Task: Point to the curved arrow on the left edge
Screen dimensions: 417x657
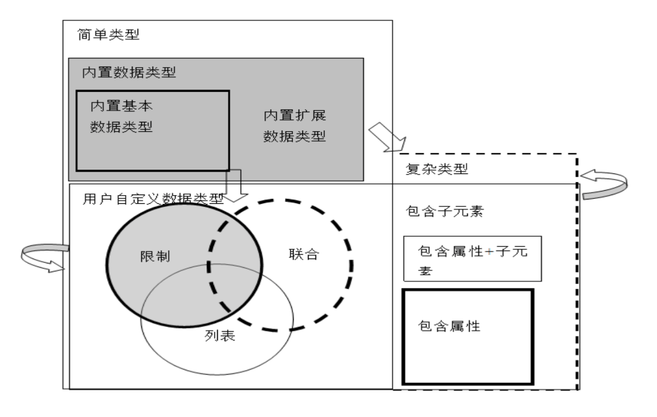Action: pyautogui.click(x=43, y=258)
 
